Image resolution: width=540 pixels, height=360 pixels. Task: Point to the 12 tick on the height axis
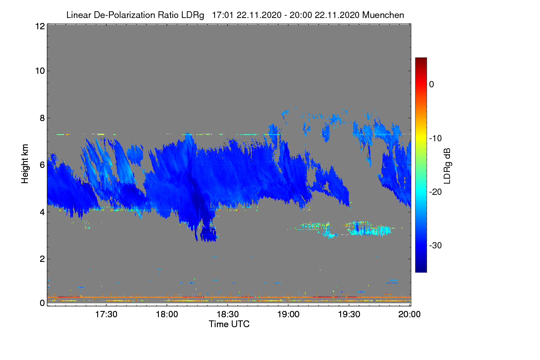(39, 27)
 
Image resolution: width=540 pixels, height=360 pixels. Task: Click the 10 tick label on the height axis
(39, 71)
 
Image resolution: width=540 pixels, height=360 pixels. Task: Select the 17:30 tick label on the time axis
(106, 315)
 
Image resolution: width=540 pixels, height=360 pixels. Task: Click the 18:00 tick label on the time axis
(167, 315)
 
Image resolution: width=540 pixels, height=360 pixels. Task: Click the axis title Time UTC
(229, 324)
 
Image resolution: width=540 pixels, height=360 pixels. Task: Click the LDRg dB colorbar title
(447, 165)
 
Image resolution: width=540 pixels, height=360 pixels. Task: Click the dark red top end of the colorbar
(421, 60)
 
